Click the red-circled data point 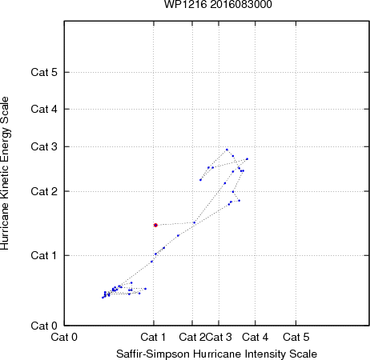tap(155, 225)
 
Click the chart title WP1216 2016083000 tap(218, 4)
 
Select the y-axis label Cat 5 tap(44, 72)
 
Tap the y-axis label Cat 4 tap(44, 109)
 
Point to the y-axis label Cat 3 tap(44, 146)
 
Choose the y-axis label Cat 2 tap(44, 191)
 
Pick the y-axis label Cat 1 tap(44, 255)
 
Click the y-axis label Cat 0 tap(44, 326)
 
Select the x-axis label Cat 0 tap(64, 337)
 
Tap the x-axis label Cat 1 tap(153, 337)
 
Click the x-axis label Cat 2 tap(192, 337)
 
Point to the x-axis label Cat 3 tap(219, 337)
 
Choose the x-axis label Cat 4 tap(255, 337)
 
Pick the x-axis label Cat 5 tap(296, 337)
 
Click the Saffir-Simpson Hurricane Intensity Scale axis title tap(217, 354)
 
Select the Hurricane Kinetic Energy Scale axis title tap(5, 174)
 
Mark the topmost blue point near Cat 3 tap(227, 150)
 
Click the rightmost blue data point tap(247, 159)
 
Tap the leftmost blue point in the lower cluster tap(103, 298)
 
